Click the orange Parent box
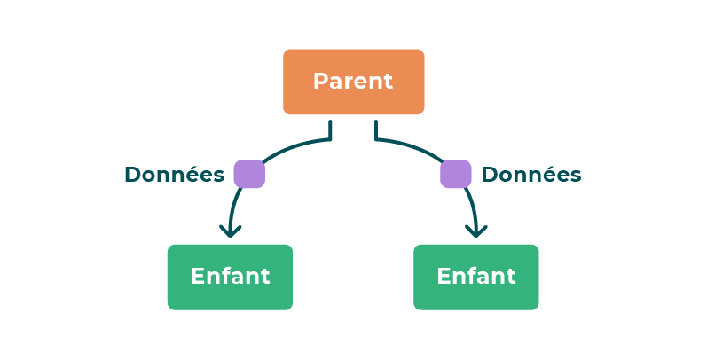point(353,82)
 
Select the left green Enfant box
point(230,277)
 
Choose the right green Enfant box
point(475,277)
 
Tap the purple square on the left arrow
point(249,174)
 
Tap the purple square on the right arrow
point(455,174)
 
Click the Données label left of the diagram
point(174,175)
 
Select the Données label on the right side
point(531,175)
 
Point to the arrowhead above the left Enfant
point(231,231)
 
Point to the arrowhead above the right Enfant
point(476,231)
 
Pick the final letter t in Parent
point(388,82)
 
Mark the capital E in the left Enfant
point(198,277)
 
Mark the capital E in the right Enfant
point(444,277)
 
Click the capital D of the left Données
point(132,175)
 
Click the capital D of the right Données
point(490,175)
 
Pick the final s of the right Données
point(577,176)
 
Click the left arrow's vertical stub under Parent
point(330,131)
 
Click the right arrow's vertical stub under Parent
point(376,131)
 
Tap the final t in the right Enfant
point(510,277)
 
